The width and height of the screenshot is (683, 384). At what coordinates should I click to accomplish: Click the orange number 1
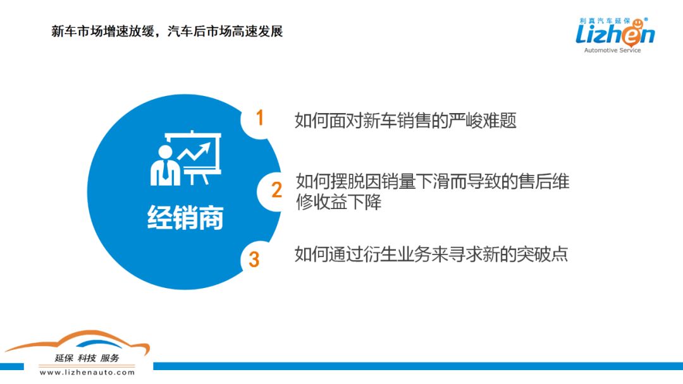260,117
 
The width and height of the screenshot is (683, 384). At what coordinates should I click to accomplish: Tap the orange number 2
276,190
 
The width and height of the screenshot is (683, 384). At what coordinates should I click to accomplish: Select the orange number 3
254,260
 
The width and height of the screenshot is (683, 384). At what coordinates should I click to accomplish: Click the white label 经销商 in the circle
185,217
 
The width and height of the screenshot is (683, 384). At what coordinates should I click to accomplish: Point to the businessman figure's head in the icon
165,153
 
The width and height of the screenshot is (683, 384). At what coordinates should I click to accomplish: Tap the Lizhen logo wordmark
615,35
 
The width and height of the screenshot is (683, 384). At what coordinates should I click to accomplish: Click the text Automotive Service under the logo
612,51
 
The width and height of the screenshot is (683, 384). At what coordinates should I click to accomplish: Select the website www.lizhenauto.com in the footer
87,372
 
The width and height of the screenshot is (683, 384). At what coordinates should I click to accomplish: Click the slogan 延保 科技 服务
87,358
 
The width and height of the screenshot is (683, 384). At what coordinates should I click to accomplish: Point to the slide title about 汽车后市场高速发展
167,32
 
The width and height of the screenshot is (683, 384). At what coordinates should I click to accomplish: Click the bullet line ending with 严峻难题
405,121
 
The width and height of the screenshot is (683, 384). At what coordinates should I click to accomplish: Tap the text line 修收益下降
338,201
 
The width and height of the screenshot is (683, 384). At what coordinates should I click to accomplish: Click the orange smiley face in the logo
637,23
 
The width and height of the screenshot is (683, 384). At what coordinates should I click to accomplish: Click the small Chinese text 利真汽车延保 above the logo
605,20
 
